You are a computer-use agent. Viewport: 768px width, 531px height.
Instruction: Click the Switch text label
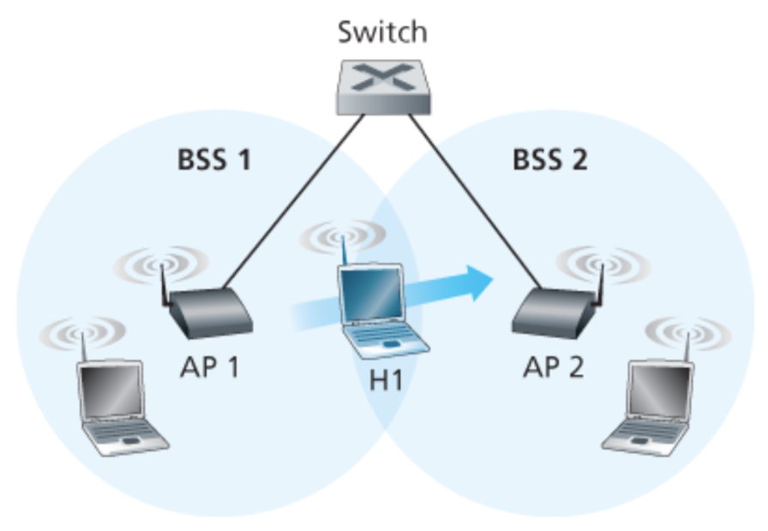381,33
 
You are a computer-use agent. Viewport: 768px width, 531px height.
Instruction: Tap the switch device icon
382,86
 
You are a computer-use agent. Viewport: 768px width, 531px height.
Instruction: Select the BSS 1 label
214,160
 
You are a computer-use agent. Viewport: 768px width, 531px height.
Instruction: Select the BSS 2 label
549,160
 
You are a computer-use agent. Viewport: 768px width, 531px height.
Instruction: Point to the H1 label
386,379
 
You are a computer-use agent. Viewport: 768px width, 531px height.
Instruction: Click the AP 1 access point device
210,313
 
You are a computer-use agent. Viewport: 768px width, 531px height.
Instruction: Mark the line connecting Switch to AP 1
291,200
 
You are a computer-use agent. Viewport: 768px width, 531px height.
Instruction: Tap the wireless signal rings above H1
339,235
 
